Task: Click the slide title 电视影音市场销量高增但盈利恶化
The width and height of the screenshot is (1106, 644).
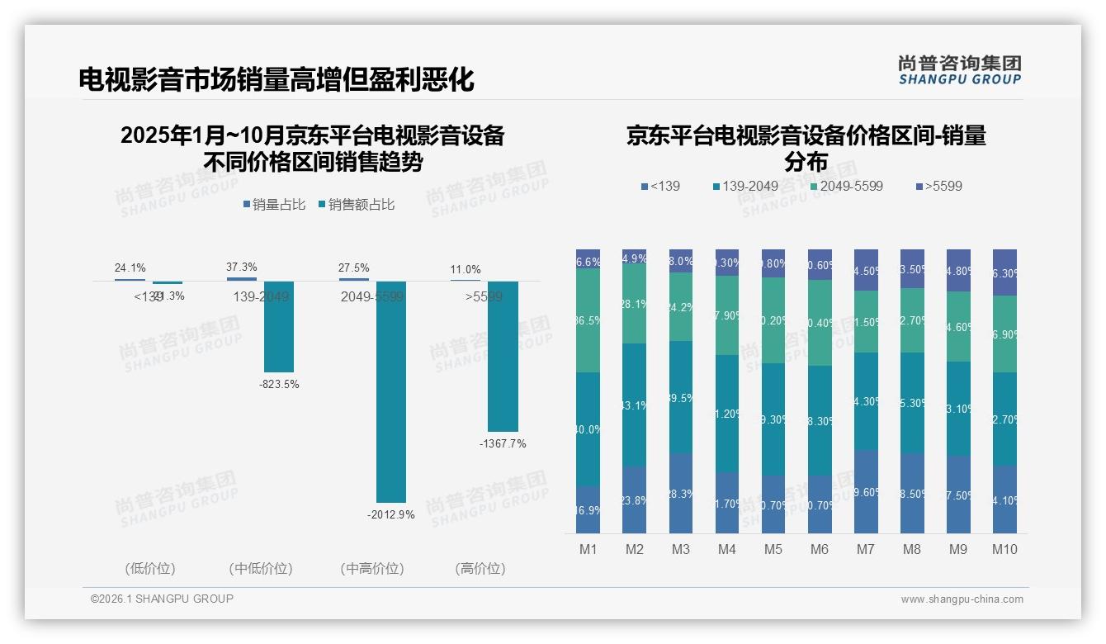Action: [276, 79]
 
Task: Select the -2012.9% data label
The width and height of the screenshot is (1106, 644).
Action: [391, 515]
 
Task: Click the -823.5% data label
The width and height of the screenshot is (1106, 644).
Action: [279, 384]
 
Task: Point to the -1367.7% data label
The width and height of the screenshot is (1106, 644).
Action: [503, 443]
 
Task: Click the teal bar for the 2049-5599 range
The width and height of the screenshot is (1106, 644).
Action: [391, 391]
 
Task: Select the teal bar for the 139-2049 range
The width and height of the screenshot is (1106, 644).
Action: [279, 326]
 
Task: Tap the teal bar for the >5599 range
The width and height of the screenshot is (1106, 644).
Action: [503, 356]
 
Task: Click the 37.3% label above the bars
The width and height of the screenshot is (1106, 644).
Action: [241, 268]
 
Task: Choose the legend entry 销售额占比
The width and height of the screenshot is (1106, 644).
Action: [362, 205]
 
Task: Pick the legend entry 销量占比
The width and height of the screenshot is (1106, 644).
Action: [277, 205]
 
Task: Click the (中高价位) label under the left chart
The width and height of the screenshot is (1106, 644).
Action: [371, 569]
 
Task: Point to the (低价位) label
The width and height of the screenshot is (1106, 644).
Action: [150, 569]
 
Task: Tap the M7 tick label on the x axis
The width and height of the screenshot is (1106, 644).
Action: [866, 549]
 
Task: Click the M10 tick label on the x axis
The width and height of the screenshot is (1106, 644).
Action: [1004, 549]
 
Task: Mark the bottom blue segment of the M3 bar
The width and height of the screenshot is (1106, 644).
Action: [681, 493]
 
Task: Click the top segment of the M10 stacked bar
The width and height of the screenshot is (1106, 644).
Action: [1004, 272]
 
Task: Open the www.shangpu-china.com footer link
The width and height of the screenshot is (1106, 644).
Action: [962, 599]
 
